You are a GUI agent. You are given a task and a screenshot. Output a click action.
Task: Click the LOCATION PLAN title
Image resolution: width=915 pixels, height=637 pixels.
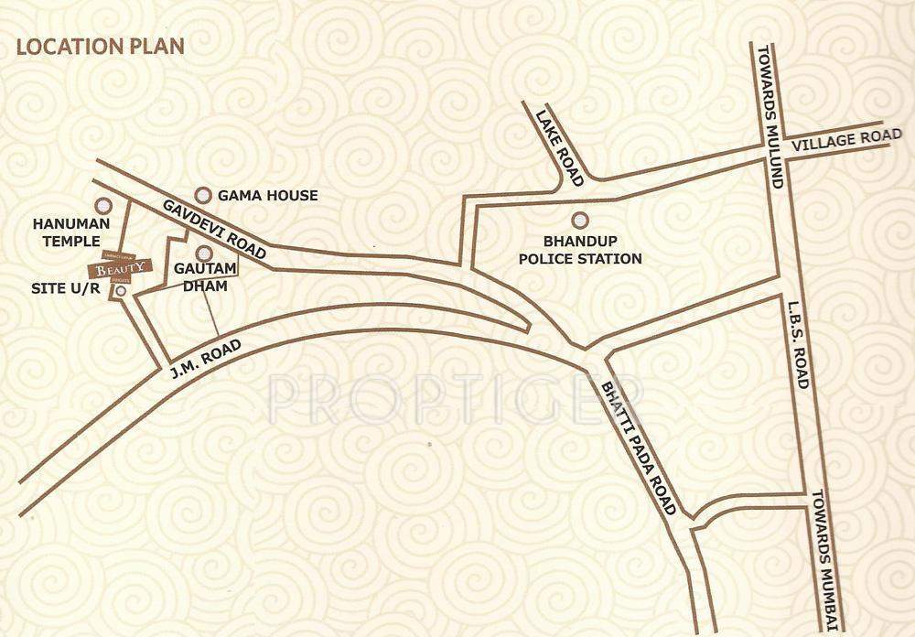(101, 46)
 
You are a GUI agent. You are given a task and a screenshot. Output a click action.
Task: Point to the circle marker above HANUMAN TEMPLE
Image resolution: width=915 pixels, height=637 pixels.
(103, 207)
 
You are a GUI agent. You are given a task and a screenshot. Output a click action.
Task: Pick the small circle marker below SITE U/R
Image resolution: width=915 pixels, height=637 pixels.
(121, 291)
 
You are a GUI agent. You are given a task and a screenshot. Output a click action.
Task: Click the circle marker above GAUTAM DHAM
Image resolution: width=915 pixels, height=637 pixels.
(205, 253)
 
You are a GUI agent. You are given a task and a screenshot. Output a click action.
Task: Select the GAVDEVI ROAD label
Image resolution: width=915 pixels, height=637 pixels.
(213, 230)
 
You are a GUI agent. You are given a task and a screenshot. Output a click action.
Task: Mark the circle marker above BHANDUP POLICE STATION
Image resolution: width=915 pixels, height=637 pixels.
(578, 220)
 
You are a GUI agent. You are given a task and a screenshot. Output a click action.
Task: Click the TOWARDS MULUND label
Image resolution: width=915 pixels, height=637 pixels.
(767, 116)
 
